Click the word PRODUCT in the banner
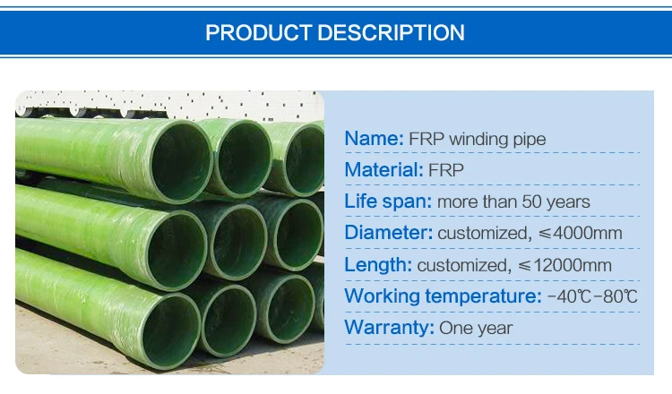point(258,32)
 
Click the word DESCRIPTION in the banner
point(392,32)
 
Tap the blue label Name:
point(375,138)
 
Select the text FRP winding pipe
point(478,139)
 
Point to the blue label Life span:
point(388,201)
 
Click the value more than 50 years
point(513,201)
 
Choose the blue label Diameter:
point(389,233)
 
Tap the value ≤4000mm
point(581,233)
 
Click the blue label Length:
point(378,265)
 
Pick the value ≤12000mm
point(564,265)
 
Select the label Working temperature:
point(444,295)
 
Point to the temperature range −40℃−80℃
point(592,296)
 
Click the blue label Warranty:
point(390,328)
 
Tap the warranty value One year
point(476,328)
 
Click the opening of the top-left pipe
point(182,161)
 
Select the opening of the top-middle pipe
point(245,158)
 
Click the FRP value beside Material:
point(446,170)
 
